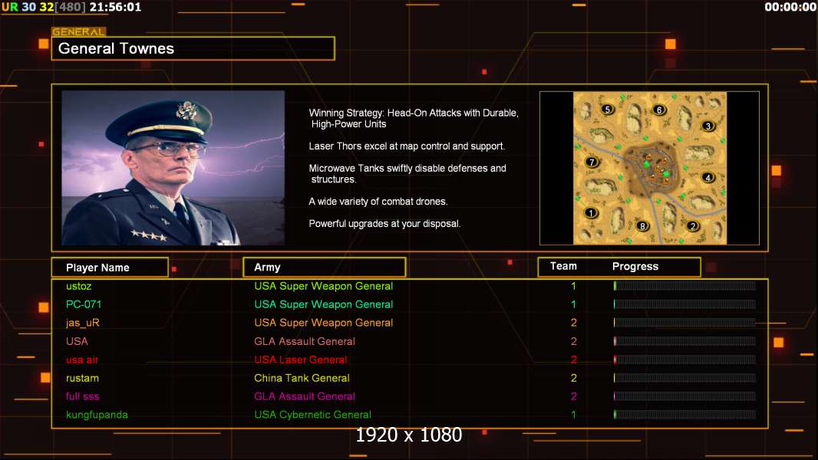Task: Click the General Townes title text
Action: [x=116, y=48]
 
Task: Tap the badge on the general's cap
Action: [x=186, y=110]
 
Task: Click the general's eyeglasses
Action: [x=168, y=149]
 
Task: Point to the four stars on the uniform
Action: [x=149, y=236]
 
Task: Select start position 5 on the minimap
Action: [x=607, y=110]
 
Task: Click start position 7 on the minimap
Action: [x=592, y=162]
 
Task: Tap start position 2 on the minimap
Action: [x=693, y=226]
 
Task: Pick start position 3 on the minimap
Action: [x=708, y=126]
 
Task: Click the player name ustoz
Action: [x=79, y=286]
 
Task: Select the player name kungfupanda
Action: [x=97, y=415]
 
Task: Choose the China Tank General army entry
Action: [x=302, y=378]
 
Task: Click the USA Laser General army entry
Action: [x=301, y=360]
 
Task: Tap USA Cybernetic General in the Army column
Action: [x=312, y=415]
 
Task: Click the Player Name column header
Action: [x=97, y=268]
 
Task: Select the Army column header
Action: [x=267, y=268]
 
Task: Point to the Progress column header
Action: [x=635, y=267]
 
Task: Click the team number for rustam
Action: [x=574, y=378]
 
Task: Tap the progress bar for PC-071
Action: [x=684, y=304]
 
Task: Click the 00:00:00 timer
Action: [x=790, y=7]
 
